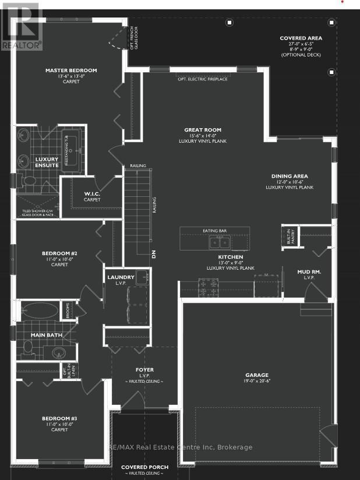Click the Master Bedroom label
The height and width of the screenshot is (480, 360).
click(71, 70)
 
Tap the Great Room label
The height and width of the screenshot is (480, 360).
click(203, 130)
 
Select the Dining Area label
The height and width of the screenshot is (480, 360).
click(290, 176)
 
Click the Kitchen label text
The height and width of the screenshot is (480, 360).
click(231, 257)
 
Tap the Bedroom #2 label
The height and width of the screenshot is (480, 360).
click(59, 253)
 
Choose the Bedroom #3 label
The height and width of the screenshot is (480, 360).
click(59, 418)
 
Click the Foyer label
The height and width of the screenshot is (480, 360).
click(144, 369)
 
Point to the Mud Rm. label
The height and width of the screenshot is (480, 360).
click(309, 271)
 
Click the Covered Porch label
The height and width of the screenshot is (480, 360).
click(144, 467)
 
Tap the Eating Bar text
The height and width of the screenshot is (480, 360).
click(214, 231)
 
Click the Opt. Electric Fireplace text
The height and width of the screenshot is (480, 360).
click(203, 79)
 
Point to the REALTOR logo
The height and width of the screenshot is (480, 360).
click(22, 26)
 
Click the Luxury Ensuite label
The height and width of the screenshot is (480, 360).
click(47, 162)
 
